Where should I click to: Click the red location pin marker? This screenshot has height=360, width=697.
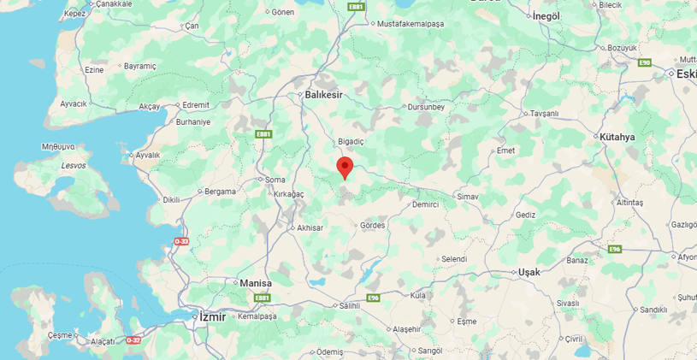(345, 167)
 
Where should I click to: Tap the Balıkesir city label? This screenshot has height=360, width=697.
(323, 95)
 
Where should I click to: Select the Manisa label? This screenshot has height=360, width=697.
(255, 283)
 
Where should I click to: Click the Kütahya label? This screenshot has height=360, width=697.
(617, 137)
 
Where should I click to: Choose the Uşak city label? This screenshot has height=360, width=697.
(529, 272)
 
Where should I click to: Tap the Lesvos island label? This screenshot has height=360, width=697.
(73, 165)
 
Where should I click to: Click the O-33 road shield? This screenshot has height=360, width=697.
(181, 242)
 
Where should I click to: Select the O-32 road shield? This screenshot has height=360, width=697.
(133, 339)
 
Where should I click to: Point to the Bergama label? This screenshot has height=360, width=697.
(220, 192)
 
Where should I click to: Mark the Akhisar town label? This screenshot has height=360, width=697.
(309, 228)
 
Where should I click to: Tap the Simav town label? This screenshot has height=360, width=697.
(468, 197)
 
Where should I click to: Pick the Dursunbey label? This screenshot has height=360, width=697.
(425, 107)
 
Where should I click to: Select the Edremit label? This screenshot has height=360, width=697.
(196, 105)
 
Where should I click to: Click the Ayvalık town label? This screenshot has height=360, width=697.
(147, 156)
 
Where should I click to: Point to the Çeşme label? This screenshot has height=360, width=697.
(61, 335)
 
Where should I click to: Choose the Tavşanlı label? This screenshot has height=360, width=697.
(544, 113)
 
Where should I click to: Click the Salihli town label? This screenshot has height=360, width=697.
(351, 305)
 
